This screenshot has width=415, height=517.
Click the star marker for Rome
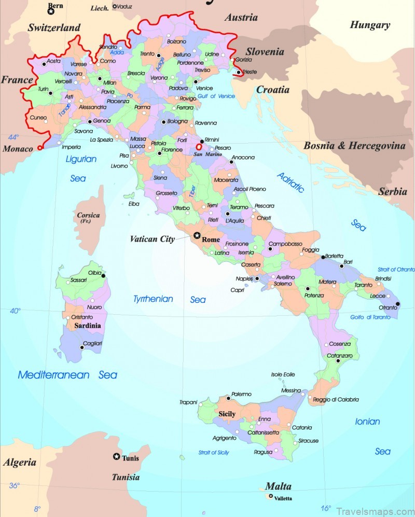197,235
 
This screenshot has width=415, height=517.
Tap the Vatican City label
152,239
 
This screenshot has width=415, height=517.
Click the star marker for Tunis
116,457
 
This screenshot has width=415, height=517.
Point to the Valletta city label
283,498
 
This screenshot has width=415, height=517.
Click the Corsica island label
88,215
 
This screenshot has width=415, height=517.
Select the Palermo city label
241,394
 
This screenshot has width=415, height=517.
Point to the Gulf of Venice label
216,96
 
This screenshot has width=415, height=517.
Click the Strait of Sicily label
214,452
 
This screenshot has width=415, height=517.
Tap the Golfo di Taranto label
370,317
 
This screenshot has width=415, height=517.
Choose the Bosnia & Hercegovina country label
354,146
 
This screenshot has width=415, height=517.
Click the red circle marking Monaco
39,148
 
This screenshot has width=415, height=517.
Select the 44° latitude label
13,137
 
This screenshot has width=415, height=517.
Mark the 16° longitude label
325,508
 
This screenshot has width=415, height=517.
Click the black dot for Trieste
238,73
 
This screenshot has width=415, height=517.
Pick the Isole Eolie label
283,374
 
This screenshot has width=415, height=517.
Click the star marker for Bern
51,11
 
